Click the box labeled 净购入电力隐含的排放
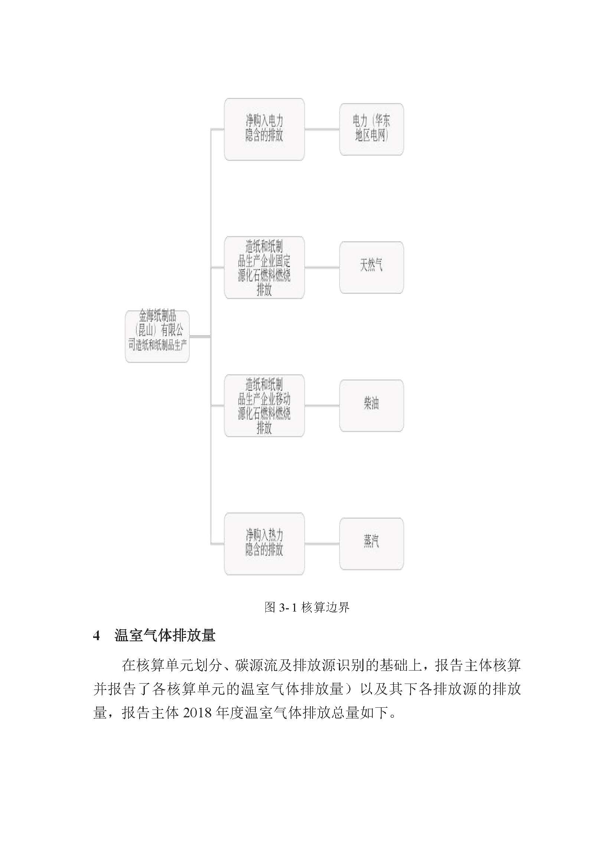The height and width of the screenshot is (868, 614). [x=264, y=129]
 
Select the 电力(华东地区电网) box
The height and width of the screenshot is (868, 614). [x=371, y=129]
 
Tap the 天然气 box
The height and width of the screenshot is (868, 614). [x=371, y=267]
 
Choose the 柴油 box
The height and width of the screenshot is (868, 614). [x=371, y=406]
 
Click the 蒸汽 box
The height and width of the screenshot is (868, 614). [x=371, y=544]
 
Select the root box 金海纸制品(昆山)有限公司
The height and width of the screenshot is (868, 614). [x=157, y=337]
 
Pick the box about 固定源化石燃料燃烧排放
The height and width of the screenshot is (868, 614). [x=264, y=267]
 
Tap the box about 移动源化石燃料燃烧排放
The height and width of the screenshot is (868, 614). [x=264, y=406]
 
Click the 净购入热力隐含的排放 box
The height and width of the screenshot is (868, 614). [x=264, y=544]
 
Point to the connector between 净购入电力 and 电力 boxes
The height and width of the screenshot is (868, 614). [x=322, y=129]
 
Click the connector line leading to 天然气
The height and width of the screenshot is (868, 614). [x=322, y=267]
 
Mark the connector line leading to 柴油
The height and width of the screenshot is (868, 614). [x=322, y=406]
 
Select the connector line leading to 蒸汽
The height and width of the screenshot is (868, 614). [x=322, y=544]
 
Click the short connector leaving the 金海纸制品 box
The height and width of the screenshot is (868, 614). [x=200, y=337]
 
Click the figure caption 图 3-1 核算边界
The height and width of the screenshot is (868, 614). [x=307, y=607]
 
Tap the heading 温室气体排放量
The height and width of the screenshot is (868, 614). [x=165, y=635]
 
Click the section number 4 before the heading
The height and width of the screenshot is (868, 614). [x=97, y=636]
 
